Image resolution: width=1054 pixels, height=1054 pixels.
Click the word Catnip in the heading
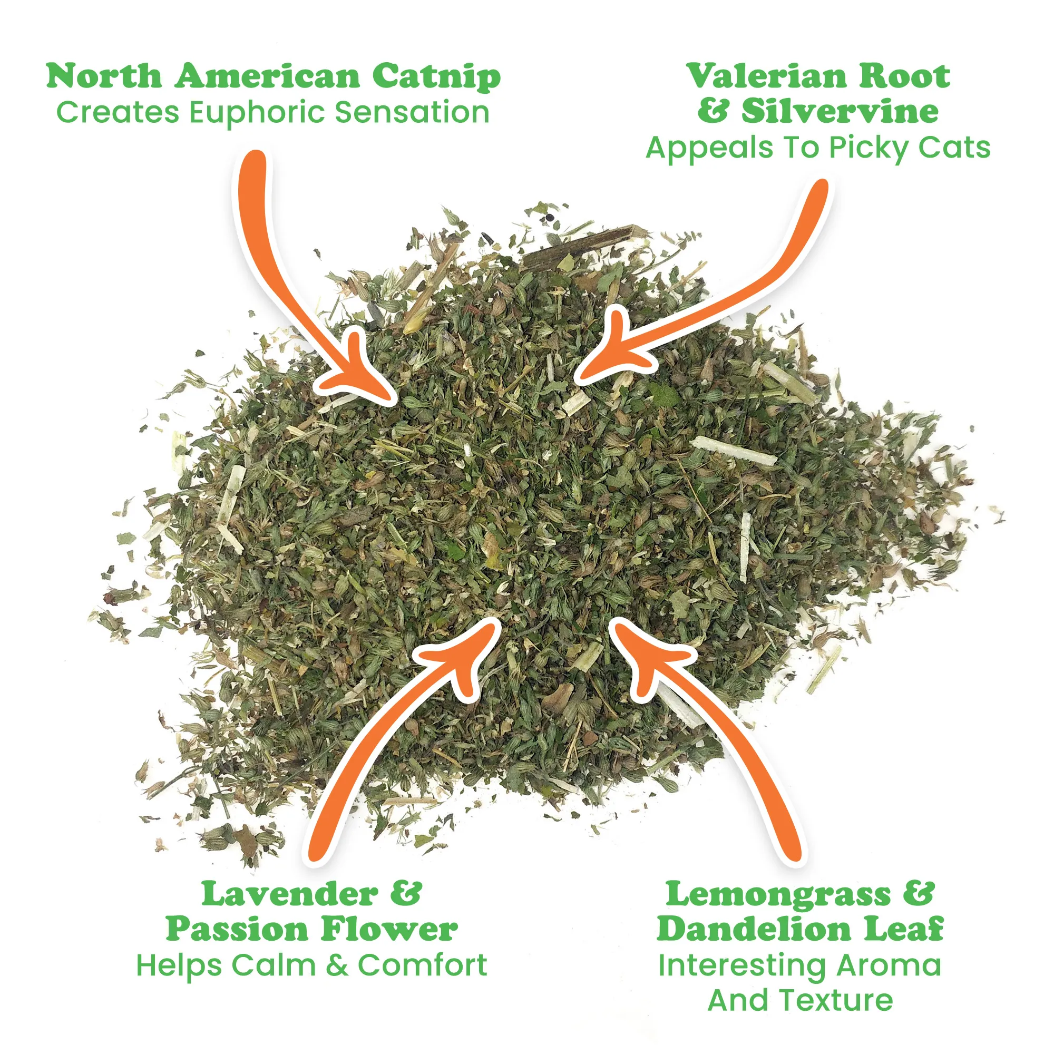click(x=436, y=77)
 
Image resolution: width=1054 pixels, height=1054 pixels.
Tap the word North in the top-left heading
click(x=104, y=76)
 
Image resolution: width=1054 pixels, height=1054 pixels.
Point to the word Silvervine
click(x=840, y=111)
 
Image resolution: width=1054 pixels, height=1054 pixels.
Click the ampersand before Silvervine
click(x=713, y=111)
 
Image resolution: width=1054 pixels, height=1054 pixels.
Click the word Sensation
click(x=412, y=113)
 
